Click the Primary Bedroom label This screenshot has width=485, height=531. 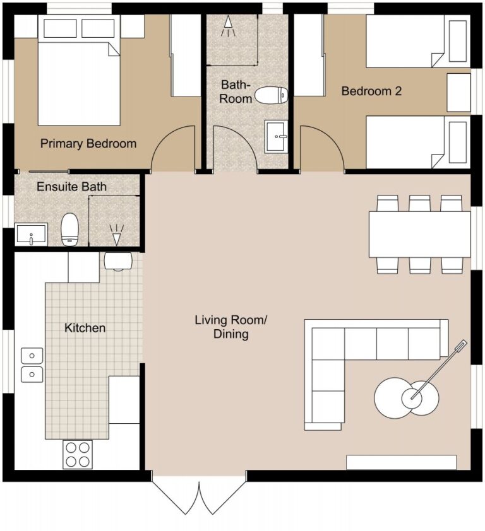point(88,144)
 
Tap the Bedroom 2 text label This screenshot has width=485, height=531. point(371,91)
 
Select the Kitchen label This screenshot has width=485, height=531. point(85,328)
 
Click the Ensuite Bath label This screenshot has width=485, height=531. point(71,187)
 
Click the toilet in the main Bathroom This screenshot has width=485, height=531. point(270,96)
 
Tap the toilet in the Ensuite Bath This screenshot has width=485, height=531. point(69,229)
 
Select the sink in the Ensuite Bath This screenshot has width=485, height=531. point(30,234)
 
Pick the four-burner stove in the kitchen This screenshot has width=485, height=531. point(78,454)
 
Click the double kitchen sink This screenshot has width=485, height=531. point(32,365)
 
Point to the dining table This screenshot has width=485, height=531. point(419,234)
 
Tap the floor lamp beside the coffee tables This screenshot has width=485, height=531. point(436,372)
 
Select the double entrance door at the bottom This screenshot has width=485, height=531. point(199,498)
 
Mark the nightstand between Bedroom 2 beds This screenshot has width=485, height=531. point(458,92)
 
